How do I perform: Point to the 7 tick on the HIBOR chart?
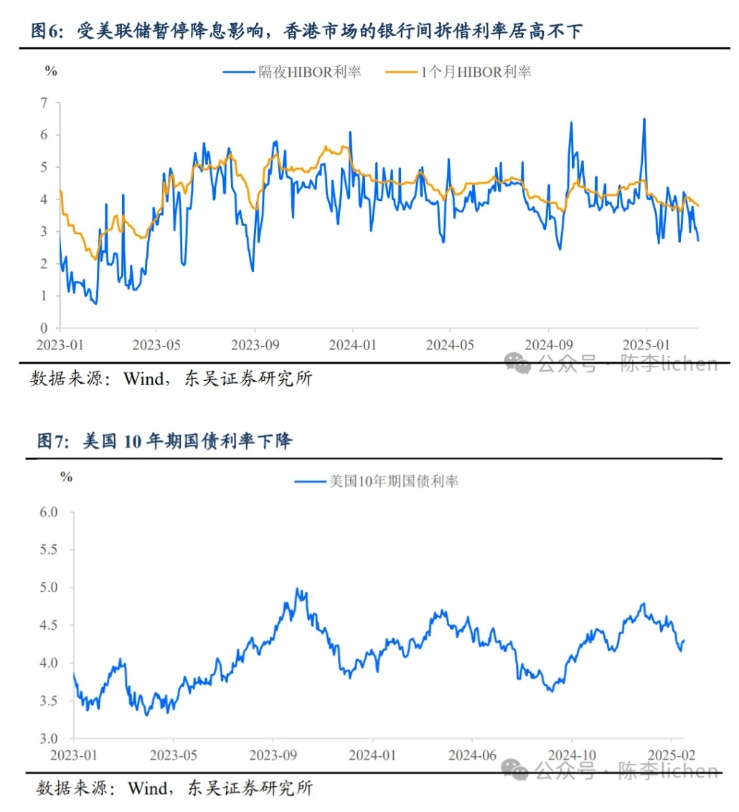[x=44, y=103]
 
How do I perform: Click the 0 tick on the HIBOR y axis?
[x=44, y=328]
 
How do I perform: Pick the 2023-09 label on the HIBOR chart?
[x=255, y=345]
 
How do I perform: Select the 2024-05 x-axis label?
[x=450, y=345]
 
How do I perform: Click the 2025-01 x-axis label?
[x=645, y=345]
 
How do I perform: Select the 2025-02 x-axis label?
[x=671, y=755]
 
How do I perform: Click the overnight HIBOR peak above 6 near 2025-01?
[x=644, y=120]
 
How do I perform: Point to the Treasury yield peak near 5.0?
[x=297, y=589]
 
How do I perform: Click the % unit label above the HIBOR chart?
[x=50, y=70]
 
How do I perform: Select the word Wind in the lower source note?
[x=149, y=788]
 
